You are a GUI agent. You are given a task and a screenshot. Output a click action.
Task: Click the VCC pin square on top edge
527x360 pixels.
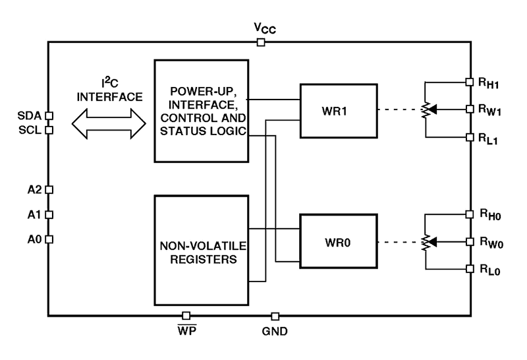261,43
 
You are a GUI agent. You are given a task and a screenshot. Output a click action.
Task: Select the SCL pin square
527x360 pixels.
49,130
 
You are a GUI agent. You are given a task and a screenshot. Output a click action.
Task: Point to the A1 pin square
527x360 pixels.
49,214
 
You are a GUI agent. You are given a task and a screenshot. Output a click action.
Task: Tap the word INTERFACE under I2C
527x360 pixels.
109,97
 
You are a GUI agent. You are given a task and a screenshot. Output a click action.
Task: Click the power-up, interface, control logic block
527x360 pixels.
202,110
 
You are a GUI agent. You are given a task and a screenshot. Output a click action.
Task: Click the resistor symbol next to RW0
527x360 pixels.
425,241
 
